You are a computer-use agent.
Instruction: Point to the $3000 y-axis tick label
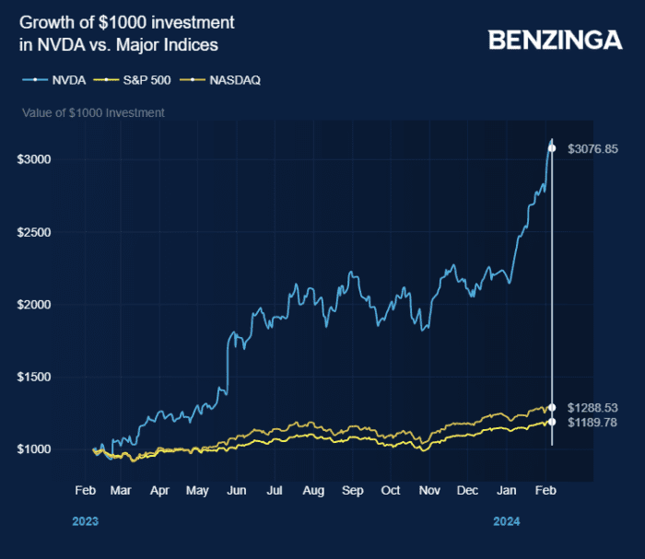pyautogui.click(x=33, y=159)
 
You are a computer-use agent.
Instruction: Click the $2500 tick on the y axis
pyautogui.click(x=33, y=232)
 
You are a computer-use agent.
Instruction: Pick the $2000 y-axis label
pyautogui.click(x=33, y=305)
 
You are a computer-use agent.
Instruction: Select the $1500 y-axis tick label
pyautogui.click(x=33, y=378)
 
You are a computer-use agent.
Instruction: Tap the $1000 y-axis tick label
pyautogui.click(x=33, y=449)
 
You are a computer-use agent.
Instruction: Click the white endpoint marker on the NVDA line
pyautogui.click(x=552, y=148)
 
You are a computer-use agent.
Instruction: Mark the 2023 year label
pyautogui.click(x=85, y=521)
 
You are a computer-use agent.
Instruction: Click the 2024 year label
pyautogui.click(x=507, y=521)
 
